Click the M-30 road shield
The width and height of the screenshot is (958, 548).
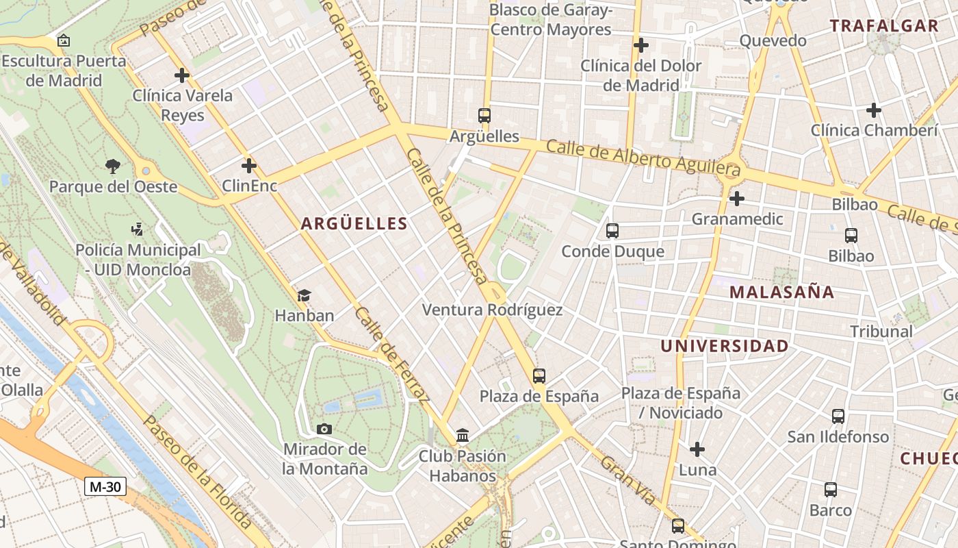click(x=105, y=487)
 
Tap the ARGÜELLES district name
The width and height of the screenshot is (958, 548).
click(x=354, y=223)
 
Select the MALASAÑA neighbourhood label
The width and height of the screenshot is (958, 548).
click(x=781, y=292)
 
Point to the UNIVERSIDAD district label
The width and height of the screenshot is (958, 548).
click(x=725, y=346)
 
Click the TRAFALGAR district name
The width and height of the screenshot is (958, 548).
click(x=883, y=26)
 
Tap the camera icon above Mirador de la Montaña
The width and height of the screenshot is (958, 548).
click(x=324, y=429)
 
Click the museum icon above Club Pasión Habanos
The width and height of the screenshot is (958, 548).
click(x=463, y=436)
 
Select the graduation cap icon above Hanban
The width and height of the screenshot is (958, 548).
click(x=304, y=295)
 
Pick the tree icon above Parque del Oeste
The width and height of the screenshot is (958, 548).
click(x=113, y=166)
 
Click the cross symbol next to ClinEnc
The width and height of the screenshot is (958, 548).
click(x=249, y=166)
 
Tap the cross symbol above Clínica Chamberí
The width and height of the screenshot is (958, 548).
click(x=874, y=110)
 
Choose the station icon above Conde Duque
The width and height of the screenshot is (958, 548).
click(x=612, y=231)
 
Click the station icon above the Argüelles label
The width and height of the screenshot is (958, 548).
click(x=484, y=116)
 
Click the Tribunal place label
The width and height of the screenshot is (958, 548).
click(x=881, y=332)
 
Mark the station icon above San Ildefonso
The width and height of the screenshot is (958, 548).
click(x=838, y=416)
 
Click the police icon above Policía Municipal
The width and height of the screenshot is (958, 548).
click(x=137, y=229)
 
